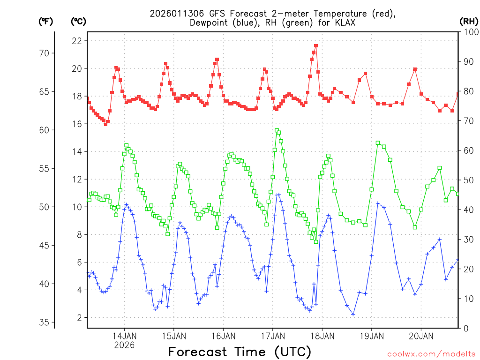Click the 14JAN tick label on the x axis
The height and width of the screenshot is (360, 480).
click(x=124, y=336)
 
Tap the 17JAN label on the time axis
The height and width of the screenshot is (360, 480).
click(x=272, y=336)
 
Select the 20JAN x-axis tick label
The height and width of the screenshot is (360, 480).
click(x=421, y=336)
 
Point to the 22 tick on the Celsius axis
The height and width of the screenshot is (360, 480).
click(x=76, y=41)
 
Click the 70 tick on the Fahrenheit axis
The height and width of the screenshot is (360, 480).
click(x=44, y=53)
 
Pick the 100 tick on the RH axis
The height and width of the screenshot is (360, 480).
click(x=470, y=32)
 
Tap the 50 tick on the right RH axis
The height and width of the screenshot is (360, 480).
click(x=468, y=180)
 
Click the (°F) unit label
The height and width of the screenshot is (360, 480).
click(x=45, y=21)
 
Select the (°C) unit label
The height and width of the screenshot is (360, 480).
click(x=78, y=21)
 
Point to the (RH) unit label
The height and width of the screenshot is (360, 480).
click(x=469, y=21)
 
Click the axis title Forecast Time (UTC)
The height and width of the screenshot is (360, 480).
click(x=240, y=352)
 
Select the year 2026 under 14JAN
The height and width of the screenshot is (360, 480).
click(x=124, y=345)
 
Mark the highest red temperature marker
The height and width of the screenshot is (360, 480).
click(x=316, y=46)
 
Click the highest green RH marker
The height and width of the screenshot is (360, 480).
click(x=277, y=131)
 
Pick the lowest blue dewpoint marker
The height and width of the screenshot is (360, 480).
click(x=353, y=314)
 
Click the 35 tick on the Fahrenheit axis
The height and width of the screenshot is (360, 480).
click(x=44, y=322)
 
